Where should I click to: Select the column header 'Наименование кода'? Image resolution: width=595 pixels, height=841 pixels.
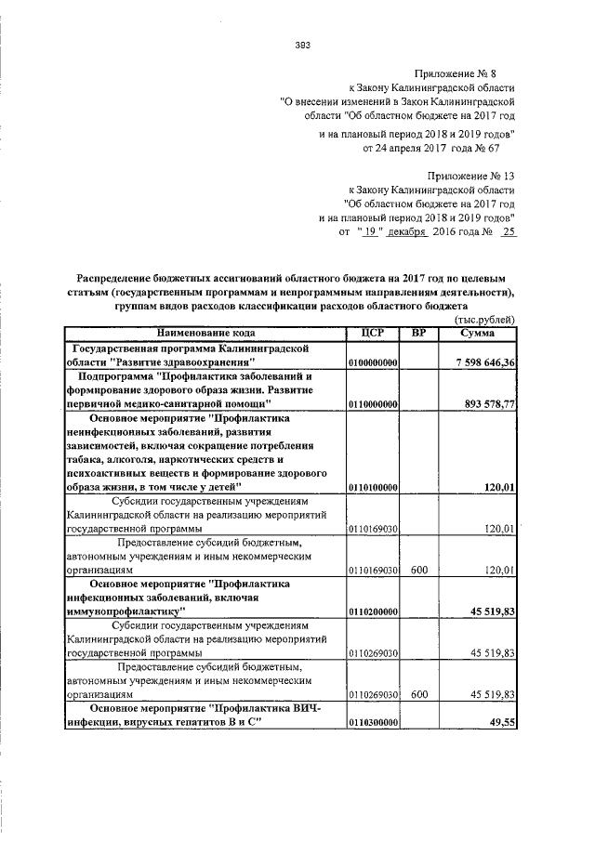pyautogui.click(x=205, y=332)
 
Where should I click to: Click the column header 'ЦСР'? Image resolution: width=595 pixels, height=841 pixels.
pyautogui.click(x=373, y=332)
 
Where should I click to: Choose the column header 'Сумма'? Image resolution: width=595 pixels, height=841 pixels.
pyautogui.click(x=480, y=332)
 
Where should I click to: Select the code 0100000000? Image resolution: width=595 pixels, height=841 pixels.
pyautogui.click(x=373, y=361)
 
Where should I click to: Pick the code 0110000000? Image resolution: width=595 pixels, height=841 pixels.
pyautogui.click(x=373, y=403)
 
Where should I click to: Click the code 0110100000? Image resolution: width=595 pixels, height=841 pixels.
pyautogui.click(x=373, y=487)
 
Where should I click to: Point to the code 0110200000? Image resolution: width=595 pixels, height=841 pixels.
pyautogui.click(x=373, y=611)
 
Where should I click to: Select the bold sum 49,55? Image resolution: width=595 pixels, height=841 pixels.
pyautogui.click(x=503, y=725)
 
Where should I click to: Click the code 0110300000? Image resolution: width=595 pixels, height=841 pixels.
pyautogui.click(x=373, y=725)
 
